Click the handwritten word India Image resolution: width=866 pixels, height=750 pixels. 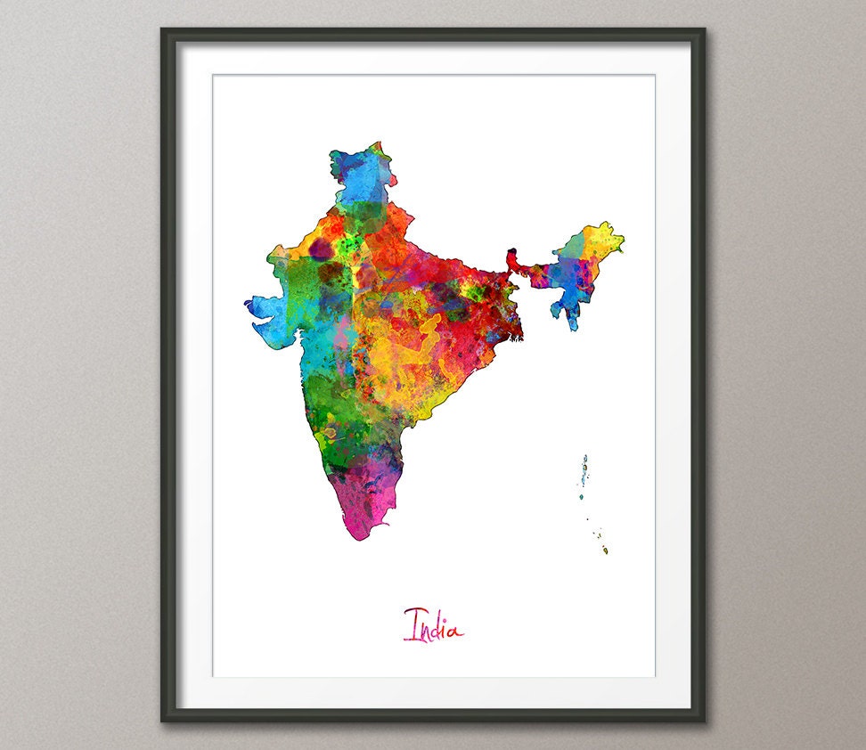[433, 624]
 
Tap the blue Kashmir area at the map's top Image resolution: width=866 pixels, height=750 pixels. [361, 174]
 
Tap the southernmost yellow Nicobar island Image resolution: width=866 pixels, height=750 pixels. [605, 550]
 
